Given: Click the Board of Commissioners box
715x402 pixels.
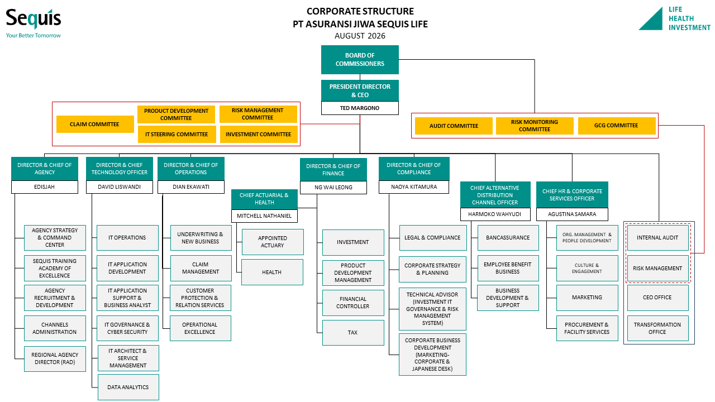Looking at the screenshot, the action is pos(360,60).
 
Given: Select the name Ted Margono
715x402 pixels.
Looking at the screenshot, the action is pos(359,108).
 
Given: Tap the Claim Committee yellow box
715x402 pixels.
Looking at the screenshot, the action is pos(95,124).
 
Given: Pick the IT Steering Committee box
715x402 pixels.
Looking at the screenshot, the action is pos(177,135).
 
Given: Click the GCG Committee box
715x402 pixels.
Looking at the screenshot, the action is pos(617,126).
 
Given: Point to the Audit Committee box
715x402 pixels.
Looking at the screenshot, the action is pos(454,126).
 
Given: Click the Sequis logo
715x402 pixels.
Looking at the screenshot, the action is pos(34,23).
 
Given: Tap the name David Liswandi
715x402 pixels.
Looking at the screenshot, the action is pos(119,187).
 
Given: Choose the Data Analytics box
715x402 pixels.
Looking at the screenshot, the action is pos(128,387).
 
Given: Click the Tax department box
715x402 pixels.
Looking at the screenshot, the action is pos(353,332).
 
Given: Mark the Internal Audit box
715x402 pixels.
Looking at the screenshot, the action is pos(658,238).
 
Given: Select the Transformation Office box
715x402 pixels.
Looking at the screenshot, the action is pos(658,328).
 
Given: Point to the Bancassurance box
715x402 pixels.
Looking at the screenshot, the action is pos(508,238).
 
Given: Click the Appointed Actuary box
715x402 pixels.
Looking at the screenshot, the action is pos(273,242).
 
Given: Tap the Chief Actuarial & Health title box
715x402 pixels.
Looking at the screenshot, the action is pos(264,199).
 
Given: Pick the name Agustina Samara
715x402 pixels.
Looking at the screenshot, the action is pos(572,214).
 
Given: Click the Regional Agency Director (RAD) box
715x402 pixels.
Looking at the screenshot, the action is pos(55,359).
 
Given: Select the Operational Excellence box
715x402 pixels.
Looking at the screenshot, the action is pos(201,328).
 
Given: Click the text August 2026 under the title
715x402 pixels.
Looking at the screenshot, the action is pos(360,36).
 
